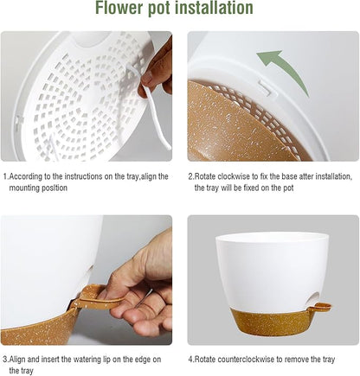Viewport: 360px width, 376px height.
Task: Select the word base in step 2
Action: pos(291,176)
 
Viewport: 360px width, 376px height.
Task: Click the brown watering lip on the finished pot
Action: pos(321,305)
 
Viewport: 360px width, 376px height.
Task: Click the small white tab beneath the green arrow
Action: pos(262,86)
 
